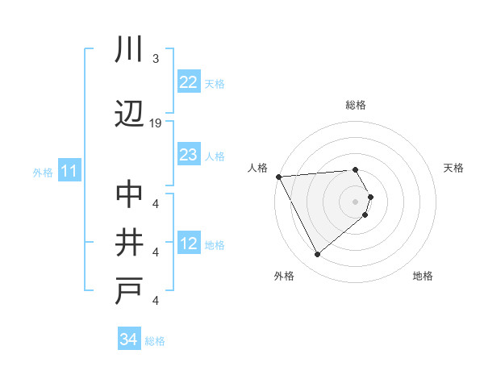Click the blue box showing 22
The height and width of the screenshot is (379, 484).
[188, 82]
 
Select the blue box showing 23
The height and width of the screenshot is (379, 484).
[188, 155]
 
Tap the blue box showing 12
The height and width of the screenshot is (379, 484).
[188, 244]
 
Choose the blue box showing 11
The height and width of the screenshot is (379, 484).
[69, 171]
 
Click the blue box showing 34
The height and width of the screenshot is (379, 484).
[128, 339]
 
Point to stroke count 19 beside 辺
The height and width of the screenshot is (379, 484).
[156, 123]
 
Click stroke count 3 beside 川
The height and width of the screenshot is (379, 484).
[155, 58]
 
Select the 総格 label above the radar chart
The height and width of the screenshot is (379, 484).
[355, 105]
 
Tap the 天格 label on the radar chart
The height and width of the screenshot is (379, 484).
[454, 168]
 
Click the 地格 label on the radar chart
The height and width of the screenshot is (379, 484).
[423, 276]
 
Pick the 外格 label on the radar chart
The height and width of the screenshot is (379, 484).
[283, 276]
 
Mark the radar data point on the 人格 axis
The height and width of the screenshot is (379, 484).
[278, 177]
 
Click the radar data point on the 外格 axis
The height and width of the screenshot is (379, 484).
[317, 255]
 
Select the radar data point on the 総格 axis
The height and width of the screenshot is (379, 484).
[355, 169]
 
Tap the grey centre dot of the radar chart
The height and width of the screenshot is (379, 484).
[355, 200]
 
